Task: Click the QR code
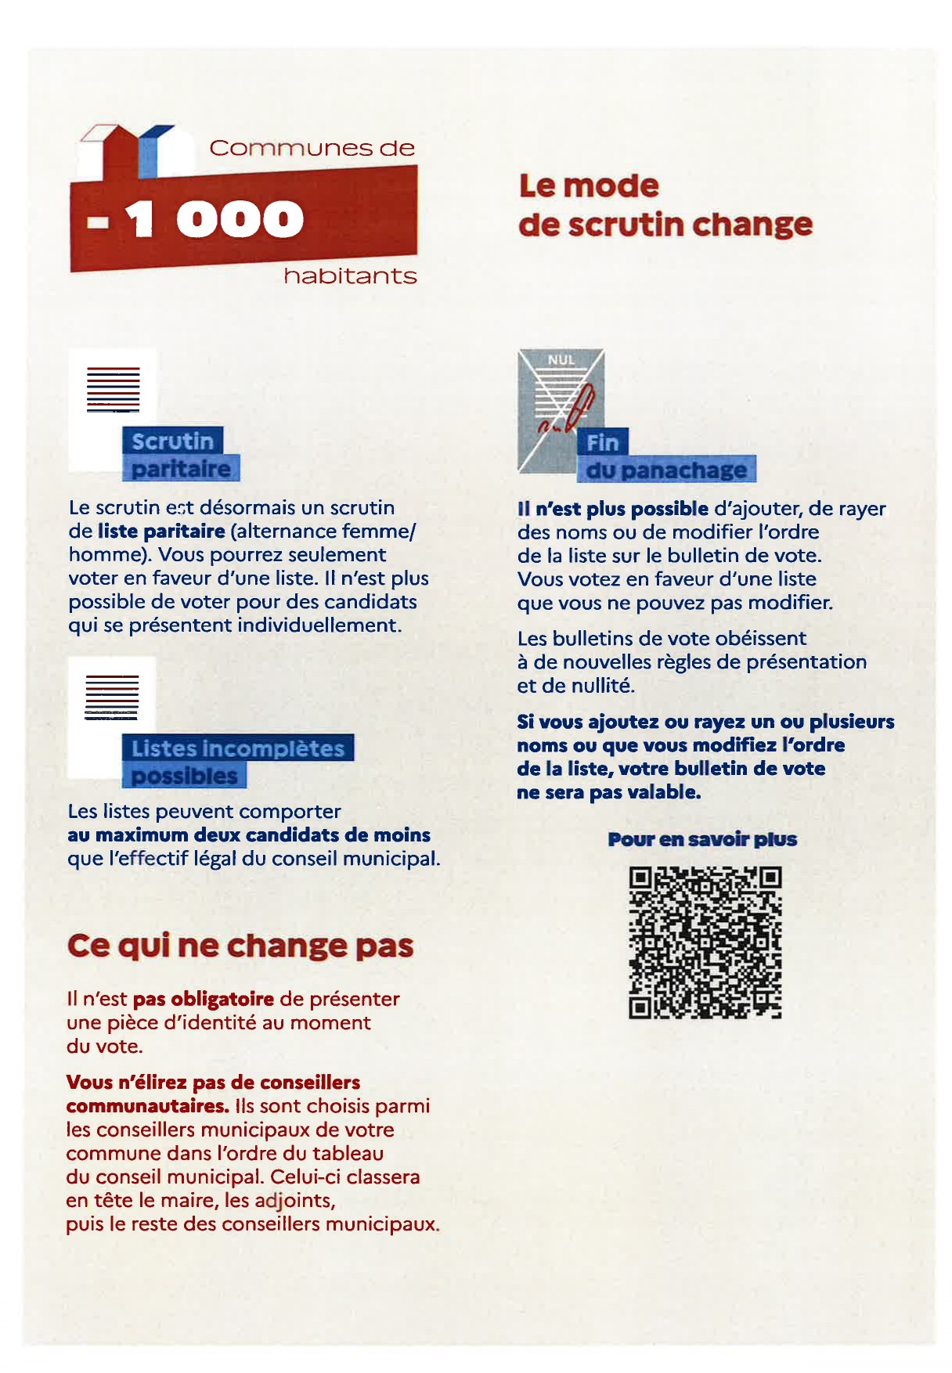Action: (x=705, y=942)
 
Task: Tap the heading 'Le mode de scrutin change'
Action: (x=665, y=205)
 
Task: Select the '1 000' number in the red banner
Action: (x=213, y=218)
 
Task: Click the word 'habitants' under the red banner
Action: (x=350, y=276)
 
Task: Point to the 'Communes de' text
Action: (x=312, y=148)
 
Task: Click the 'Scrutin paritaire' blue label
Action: (x=180, y=455)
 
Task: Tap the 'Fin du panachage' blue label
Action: (x=666, y=457)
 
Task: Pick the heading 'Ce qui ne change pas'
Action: (x=240, y=946)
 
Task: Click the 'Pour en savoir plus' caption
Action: (x=702, y=840)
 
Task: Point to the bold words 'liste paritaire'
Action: (x=161, y=532)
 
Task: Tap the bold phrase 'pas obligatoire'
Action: (x=204, y=1000)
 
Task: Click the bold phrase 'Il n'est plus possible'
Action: (x=613, y=509)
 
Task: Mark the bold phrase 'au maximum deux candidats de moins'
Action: (x=248, y=835)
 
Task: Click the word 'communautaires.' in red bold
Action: (x=147, y=1106)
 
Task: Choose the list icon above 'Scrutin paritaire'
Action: (x=113, y=389)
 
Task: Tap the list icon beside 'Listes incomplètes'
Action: (x=111, y=697)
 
